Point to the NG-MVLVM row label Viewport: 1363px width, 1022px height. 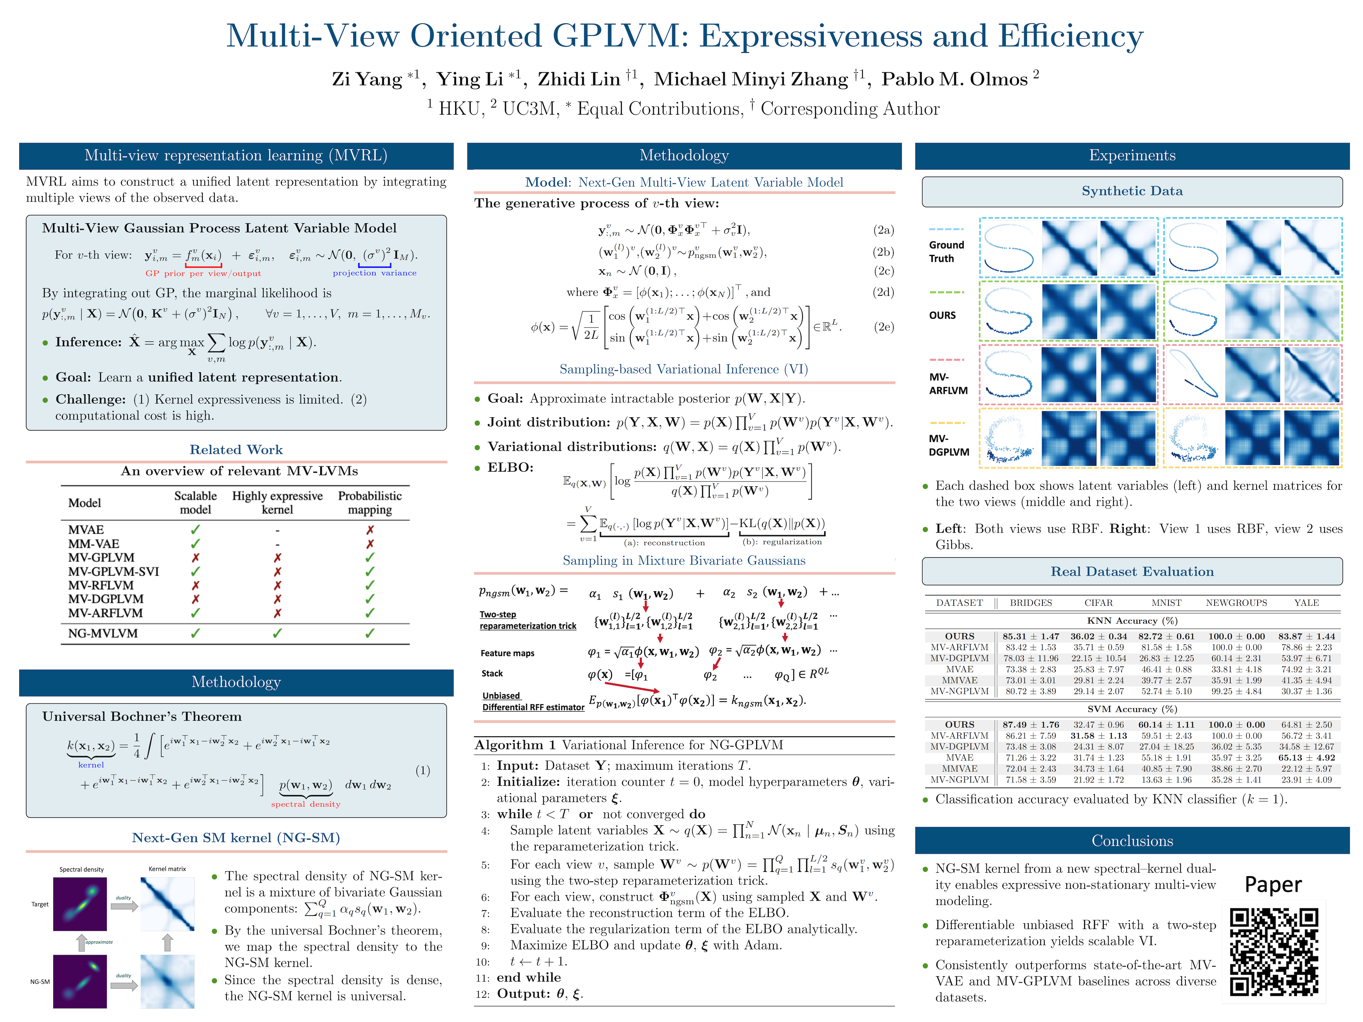point(103,633)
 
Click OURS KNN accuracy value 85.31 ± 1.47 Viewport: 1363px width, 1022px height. point(1030,636)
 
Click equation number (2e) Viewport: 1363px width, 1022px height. point(883,327)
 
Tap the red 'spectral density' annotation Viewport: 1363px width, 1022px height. point(306,804)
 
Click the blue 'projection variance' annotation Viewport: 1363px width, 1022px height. point(374,273)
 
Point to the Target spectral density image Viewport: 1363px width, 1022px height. point(80,904)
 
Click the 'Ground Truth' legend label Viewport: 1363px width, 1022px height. point(946,251)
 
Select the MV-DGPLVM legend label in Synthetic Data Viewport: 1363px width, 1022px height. point(948,445)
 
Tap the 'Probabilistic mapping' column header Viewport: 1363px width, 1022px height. point(370,503)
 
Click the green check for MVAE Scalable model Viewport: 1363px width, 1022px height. point(195,530)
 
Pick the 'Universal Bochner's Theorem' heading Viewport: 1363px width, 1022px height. point(142,716)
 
